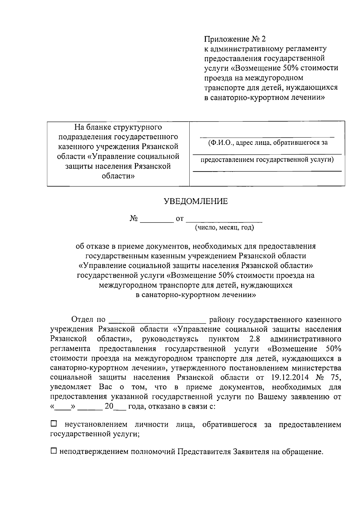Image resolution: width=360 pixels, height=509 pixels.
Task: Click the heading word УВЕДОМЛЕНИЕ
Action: pyautogui.click(x=196, y=201)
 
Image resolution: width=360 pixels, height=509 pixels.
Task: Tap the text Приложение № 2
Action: pyautogui.click(x=235, y=39)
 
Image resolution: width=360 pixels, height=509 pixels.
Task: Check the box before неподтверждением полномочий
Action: pyautogui.click(x=53, y=451)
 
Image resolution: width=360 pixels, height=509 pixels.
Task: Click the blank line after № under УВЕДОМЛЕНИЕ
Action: pyautogui.click(x=157, y=221)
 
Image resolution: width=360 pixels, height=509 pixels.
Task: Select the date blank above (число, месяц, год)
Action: pyautogui.click(x=224, y=221)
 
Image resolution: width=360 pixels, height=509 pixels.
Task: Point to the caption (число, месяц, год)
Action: pyautogui.click(x=224, y=228)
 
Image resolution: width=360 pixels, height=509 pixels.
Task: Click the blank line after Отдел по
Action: pyautogui.click(x=157, y=322)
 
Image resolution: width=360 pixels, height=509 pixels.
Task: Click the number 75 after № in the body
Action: pyautogui.click(x=335, y=377)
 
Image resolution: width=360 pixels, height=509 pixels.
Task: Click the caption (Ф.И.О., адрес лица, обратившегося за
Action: pyautogui.click(x=268, y=143)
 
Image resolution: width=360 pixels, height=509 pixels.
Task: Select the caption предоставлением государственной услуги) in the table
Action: pyautogui.click(x=267, y=160)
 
